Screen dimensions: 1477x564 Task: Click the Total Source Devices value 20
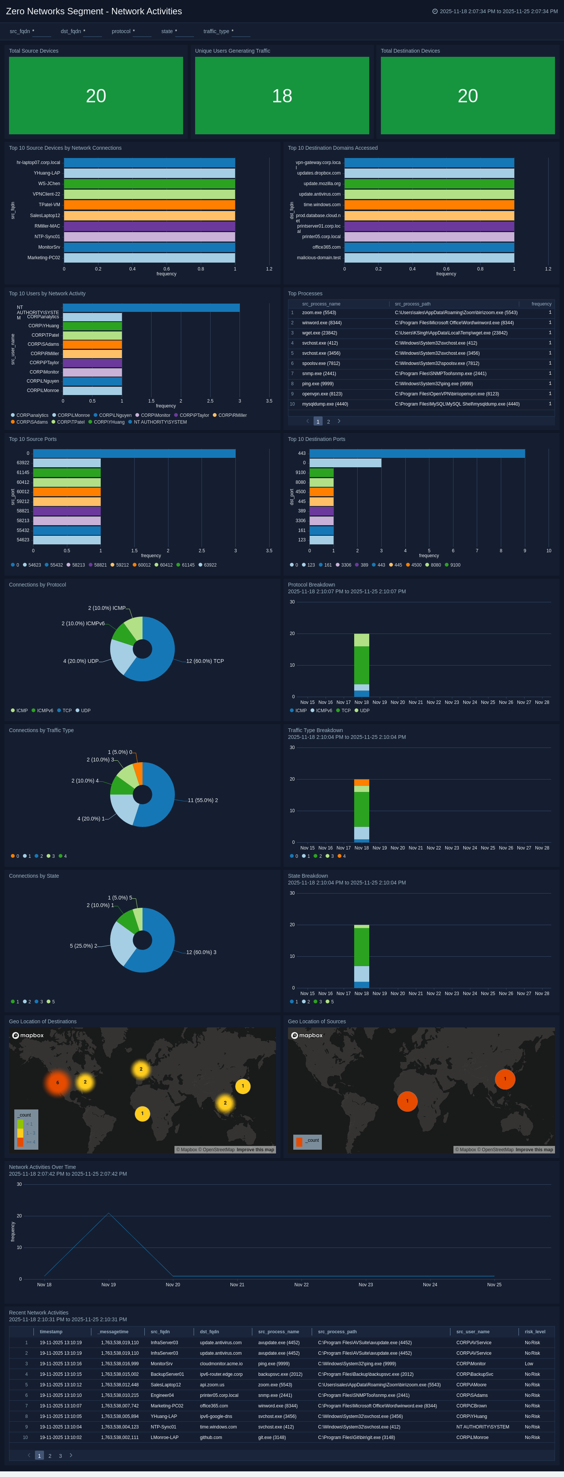click(x=96, y=96)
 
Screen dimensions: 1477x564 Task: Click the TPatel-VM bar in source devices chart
click(x=149, y=205)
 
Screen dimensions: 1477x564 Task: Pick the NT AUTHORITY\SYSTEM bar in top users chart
click(x=151, y=308)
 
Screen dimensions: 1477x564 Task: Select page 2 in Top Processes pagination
click(x=328, y=421)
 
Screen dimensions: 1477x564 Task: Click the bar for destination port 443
click(x=417, y=454)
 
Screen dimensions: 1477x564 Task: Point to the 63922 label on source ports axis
click(x=23, y=463)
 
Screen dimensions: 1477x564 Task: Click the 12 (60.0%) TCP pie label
click(x=205, y=661)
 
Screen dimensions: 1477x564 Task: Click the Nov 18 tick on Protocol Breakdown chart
click(x=362, y=702)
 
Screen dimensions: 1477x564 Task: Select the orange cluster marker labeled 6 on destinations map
click(x=57, y=1082)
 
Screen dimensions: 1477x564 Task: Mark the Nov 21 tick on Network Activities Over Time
click(x=237, y=1285)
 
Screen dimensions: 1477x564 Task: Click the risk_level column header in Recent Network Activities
click(x=534, y=1332)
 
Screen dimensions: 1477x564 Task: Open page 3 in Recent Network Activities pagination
click(x=60, y=1456)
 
